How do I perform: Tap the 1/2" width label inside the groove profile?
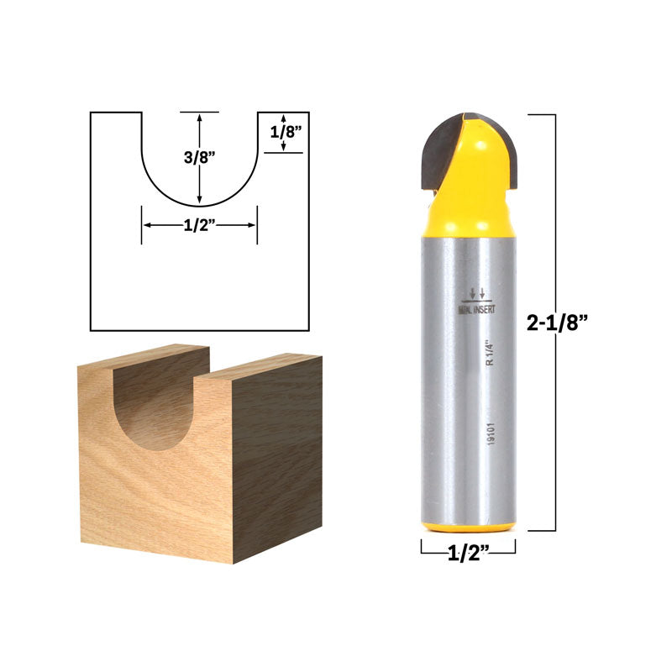(x=199, y=225)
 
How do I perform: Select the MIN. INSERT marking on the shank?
(x=476, y=308)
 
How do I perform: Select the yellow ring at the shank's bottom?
(x=468, y=527)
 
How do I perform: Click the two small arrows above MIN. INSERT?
(x=477, y=293)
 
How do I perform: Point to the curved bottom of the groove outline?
(x=199, y=205)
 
